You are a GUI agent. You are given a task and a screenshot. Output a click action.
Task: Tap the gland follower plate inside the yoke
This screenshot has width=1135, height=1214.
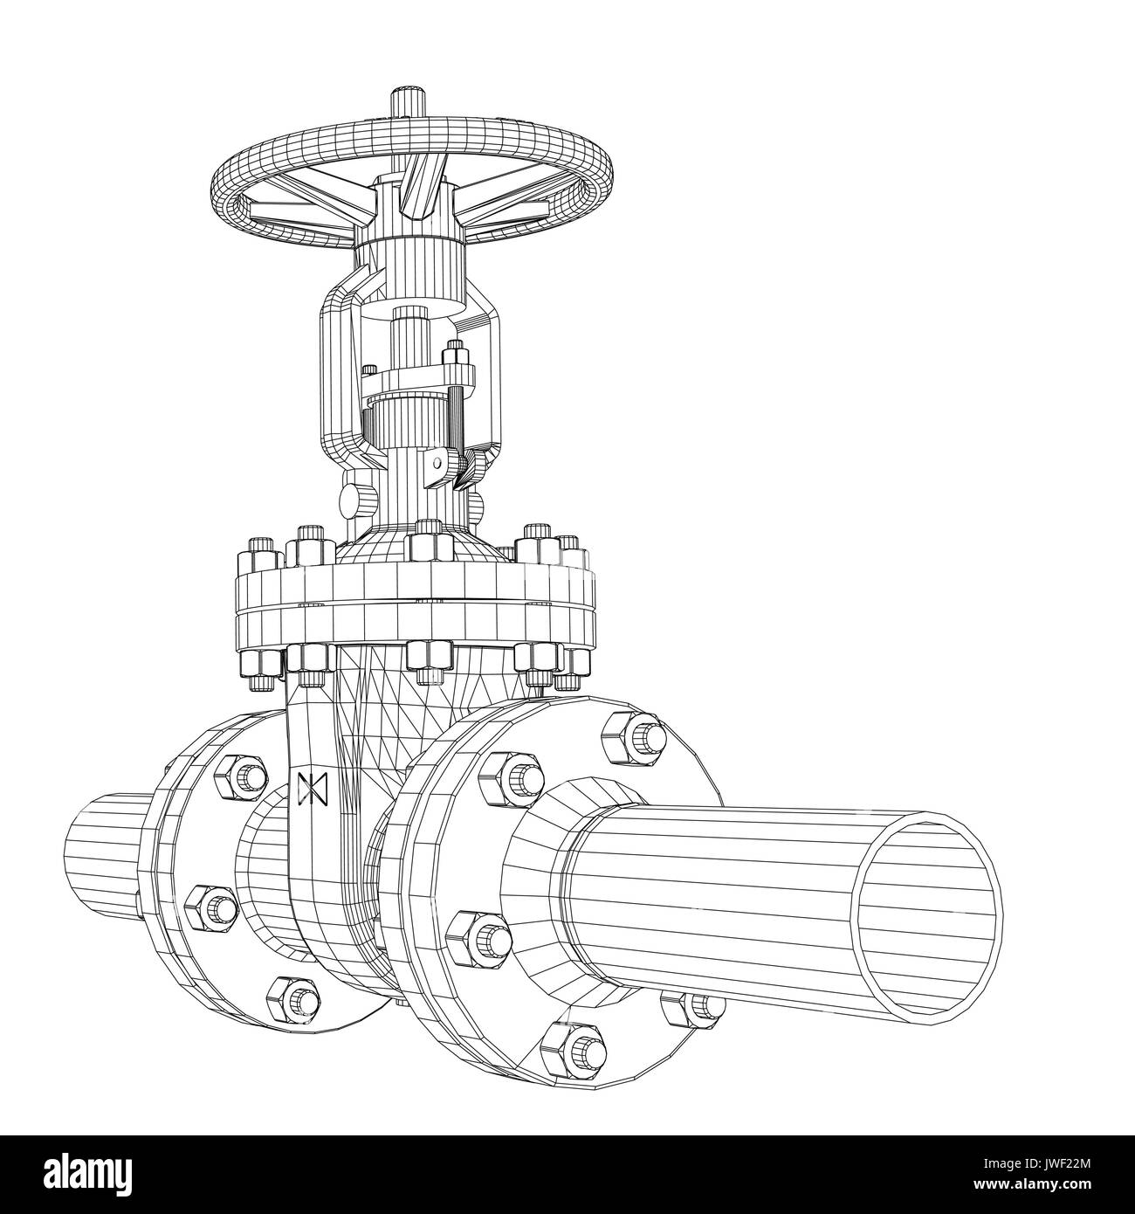point(419,381)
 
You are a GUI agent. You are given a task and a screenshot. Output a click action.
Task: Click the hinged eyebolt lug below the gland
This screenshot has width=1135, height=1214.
point(434,463)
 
